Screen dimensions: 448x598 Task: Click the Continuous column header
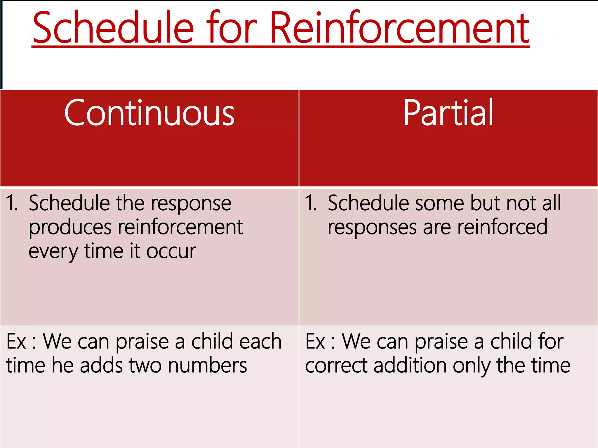click(x=149, y=113)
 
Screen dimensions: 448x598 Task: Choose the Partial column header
click(x=448, y=113)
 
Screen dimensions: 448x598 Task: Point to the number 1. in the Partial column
click(x=311, y=203)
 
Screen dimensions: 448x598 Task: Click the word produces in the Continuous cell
click(x=70, y=228)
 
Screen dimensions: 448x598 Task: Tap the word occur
click(x=171, y=251)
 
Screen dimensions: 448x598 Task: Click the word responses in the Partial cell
click(x=372, y=228)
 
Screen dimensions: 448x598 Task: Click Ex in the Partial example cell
click(x=315, y=341)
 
